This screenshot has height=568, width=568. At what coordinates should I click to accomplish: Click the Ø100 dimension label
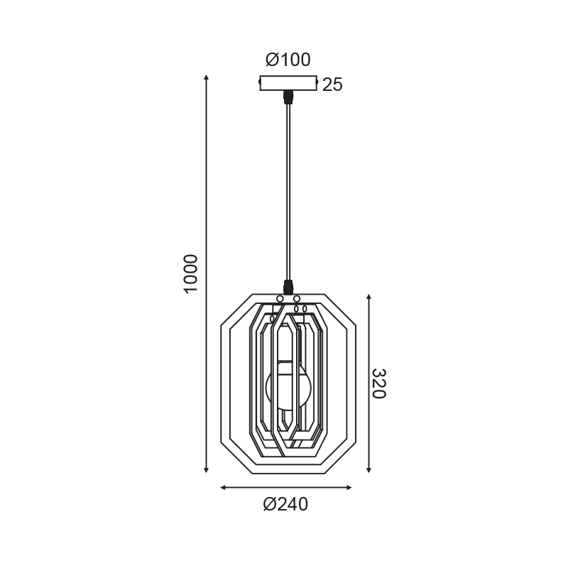click(x=288, y=60)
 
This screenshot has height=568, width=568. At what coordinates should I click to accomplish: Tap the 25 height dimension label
click(x=332, y=85)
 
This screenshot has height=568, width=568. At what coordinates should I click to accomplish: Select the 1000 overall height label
click(x=190, y=274)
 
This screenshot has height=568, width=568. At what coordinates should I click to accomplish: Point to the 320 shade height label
click(x=378, y=383)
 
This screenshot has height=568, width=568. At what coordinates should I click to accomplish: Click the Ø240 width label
click(x=285, y=505)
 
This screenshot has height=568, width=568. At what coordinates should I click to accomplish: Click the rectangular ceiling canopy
click(x=288, y=83)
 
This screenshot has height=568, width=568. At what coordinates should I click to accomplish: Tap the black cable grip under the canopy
click(x=288, y=95)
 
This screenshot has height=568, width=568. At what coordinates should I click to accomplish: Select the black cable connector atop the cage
click(x=288, y=287)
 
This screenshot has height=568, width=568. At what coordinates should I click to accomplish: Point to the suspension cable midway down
click(x=288, y=192)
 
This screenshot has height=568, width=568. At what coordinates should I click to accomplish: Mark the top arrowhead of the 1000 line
click(x=206, y=77)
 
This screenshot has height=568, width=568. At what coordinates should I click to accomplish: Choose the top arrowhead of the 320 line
click(x=369, y=296)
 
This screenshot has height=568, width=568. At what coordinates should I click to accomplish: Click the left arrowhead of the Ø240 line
click(x=224, y=488)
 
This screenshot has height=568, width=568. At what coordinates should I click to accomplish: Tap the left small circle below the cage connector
click(x=280, y=299)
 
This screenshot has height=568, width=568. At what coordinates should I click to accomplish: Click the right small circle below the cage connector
click(x=296, y=299)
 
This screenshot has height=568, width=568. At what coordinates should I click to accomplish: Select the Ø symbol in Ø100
click(x=272, y=60)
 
